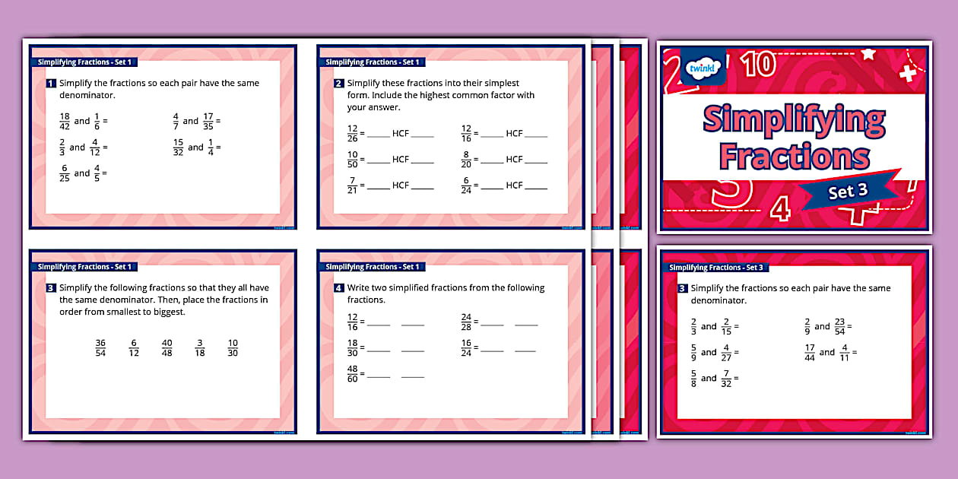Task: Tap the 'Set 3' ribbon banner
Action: (848, 191)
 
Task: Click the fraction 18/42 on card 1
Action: (64, 121)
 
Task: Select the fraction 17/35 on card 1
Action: (208, 121)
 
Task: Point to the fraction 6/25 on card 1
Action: (64, 173)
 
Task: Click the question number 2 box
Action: (339, 84)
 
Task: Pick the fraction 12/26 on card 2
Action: (352, 134)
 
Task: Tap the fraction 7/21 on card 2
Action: (352, 186)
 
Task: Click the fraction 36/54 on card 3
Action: (100, 347)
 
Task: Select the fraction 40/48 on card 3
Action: (167, 347)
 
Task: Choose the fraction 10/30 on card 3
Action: (233, 347)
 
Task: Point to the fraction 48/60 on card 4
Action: (352, 374)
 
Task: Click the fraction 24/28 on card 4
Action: (466, 322)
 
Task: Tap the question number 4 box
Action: (339, 288)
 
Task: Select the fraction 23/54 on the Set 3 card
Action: (839, 327)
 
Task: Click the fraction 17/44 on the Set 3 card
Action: (810, 353)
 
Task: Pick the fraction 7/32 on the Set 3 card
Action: (726, 379)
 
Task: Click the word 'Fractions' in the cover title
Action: (794, 157)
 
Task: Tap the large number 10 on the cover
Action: (760, 65)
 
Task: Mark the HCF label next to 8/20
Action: (515, 160)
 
